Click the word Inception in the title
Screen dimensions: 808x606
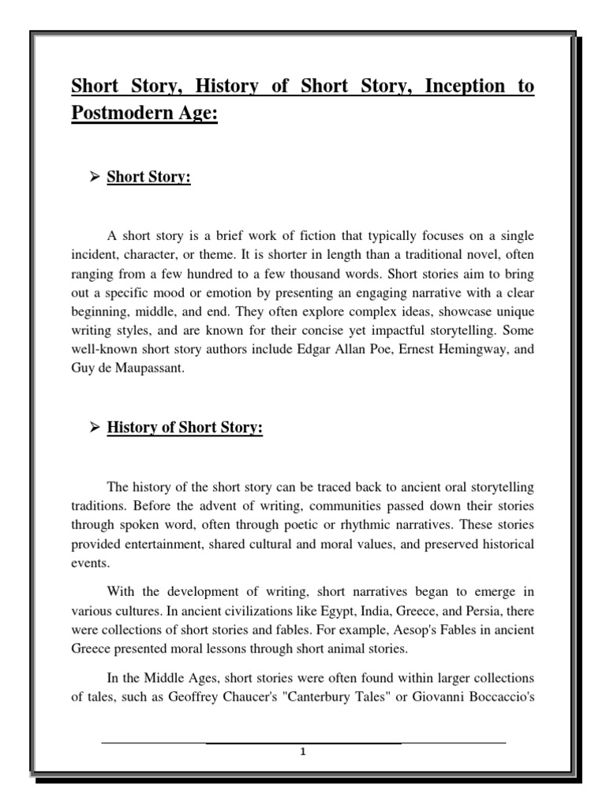click(x=459, y=86)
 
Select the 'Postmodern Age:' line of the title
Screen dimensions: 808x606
click(x=144, y=113)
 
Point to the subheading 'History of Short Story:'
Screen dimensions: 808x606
click(x=185, y=428)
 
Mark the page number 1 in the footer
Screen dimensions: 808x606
click(x=303, y=752)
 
